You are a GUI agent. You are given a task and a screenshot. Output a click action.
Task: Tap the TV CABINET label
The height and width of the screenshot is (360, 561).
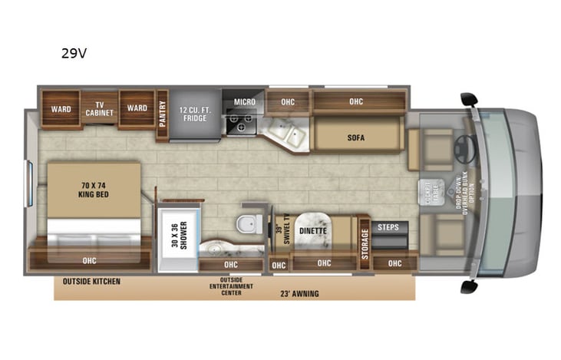click(x=99, y=109)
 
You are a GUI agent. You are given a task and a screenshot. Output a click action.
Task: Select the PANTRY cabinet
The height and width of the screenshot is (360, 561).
click(x=162, y=115)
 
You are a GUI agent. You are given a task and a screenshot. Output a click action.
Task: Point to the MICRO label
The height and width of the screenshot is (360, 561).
click(x=244, y=102)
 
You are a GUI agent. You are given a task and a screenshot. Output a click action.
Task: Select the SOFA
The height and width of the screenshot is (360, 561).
click(x=355, y=139)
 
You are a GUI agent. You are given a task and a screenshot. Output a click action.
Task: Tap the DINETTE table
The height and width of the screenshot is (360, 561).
click(x=312, y=231)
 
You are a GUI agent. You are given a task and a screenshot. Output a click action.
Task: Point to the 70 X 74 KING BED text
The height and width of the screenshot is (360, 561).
click(x=94, y=189)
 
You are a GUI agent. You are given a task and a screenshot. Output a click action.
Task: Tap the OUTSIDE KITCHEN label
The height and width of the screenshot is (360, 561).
click(x=91, y=282)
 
